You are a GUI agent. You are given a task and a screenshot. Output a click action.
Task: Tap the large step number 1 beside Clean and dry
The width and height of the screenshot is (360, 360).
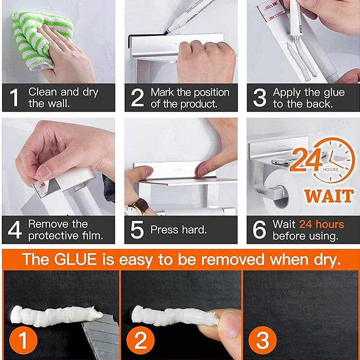(x=15, y=98)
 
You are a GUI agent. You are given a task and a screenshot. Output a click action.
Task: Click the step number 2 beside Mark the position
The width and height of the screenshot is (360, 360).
(x=137, y=98)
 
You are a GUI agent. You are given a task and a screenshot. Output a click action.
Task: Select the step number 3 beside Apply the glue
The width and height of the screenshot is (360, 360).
(x=260, y=98)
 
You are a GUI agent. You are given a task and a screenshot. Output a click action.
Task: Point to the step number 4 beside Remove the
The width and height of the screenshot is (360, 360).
(x=15, y=229)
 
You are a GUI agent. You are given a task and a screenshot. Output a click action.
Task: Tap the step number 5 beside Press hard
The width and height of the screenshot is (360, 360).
(x=137, y=229)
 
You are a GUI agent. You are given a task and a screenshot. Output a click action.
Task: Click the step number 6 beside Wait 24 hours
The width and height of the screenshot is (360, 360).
(x=260, y=229)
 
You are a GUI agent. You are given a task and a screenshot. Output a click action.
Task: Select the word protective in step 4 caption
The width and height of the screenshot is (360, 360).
(x=54, y=235)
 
